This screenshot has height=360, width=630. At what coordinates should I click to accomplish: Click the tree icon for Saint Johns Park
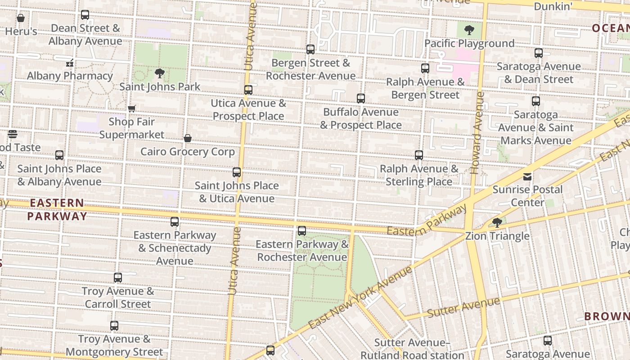click(x=159, y=73)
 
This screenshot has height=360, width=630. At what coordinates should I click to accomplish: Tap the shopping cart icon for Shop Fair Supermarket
click(x=132, y=108)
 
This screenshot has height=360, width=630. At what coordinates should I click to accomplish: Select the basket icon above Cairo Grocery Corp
click(x=188, y=138)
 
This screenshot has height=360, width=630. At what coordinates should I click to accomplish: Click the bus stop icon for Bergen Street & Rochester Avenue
click(x=310, y=49)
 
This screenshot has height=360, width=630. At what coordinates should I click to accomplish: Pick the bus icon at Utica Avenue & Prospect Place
click(x=248, y=90)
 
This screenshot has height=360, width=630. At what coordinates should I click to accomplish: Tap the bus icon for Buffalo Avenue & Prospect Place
click(x=361, y=99)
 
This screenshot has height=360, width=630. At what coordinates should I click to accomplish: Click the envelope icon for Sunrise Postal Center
click(x=527, y=177)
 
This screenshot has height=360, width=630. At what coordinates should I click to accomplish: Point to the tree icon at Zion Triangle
click(x=497, y=223)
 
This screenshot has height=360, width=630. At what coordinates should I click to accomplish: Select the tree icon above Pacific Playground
click(x=469, y=31)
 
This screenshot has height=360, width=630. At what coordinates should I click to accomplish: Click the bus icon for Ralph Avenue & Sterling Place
click(x=419, y=155)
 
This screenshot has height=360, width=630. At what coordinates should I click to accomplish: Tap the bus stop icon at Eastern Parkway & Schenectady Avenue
click(x=175, y=222)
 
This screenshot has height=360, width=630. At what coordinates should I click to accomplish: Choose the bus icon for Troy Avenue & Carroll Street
click(x=118, y=278)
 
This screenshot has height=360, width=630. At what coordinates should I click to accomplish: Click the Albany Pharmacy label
click(x=70, y=76)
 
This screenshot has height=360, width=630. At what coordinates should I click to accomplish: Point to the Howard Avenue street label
click(x=477, y=133)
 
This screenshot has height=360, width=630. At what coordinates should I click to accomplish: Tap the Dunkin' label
click(x=553, y=6)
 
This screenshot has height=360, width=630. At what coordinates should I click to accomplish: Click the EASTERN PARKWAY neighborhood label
click(x=57, y=210)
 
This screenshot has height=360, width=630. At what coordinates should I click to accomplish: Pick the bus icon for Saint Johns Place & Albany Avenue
click(x=59, y=155)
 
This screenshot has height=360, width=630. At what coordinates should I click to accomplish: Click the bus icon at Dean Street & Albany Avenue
click(x=85, y=15)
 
